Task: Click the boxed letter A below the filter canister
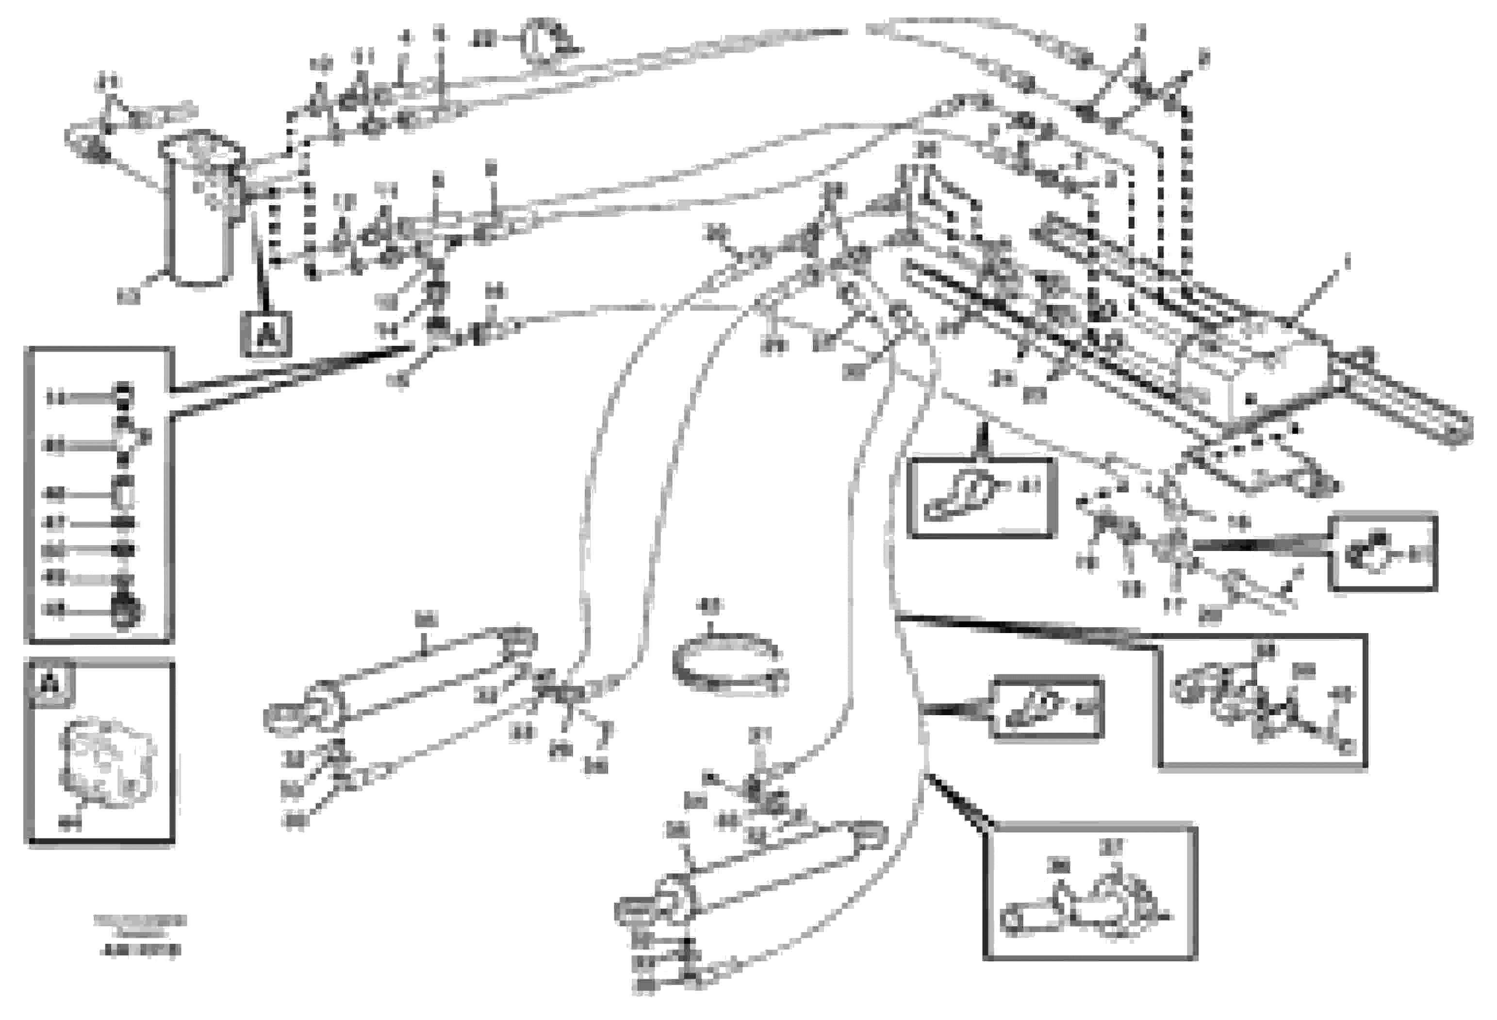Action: click(x=266, y=334)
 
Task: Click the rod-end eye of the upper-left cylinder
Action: click(x=282, y=717)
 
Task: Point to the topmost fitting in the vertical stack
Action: click(x=122, y=390)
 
